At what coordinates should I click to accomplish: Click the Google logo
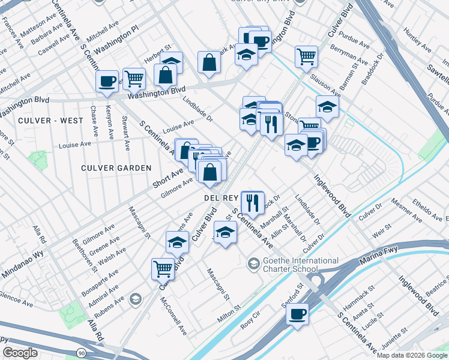(20, 352)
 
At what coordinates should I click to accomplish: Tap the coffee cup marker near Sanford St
(297, 314)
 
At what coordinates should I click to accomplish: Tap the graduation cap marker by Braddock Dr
(327, 107)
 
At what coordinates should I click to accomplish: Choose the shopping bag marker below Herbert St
(165, 75)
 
